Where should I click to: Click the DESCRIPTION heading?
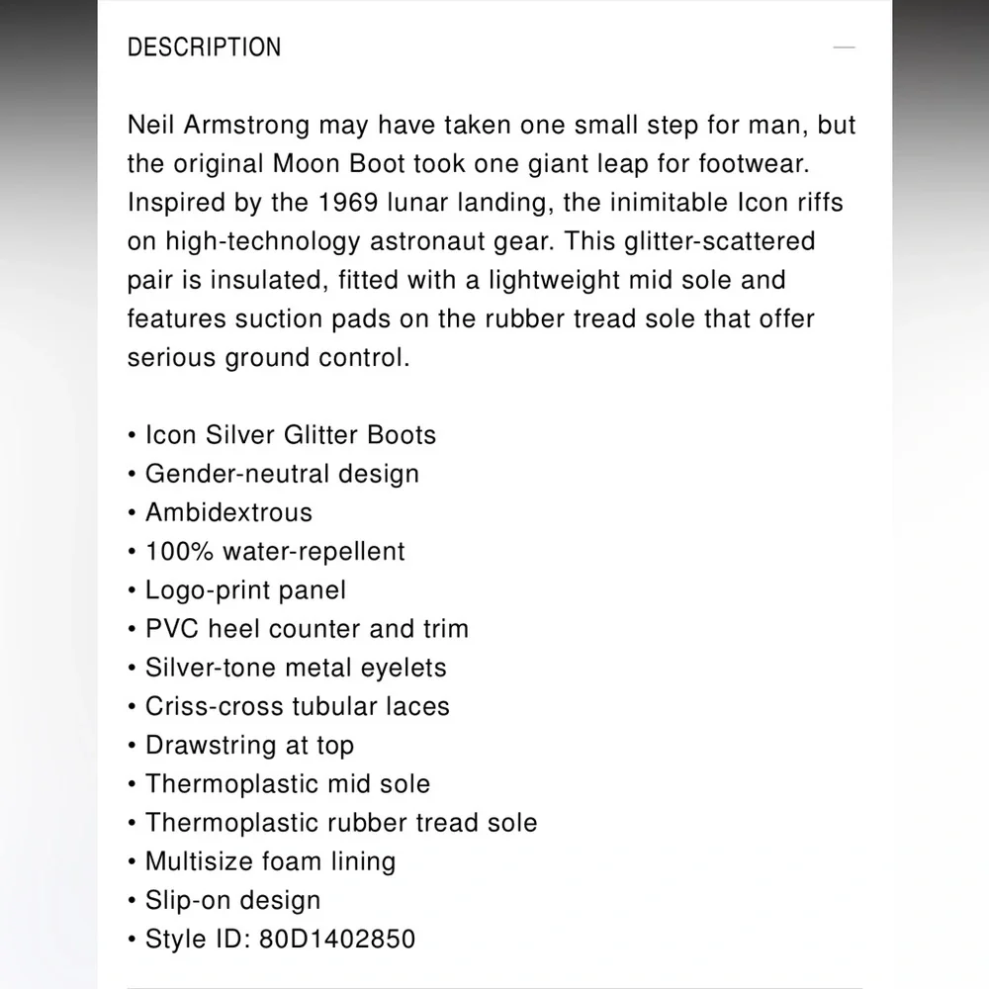tap(205, 47)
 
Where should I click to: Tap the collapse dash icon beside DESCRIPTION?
tap(844, 47)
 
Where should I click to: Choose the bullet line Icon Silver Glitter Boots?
tap(291, 435)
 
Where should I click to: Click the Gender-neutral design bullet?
tap(282, 474)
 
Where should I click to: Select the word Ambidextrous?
tap(228, 512)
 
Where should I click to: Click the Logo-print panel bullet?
tap(245, 590)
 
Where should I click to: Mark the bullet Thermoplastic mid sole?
tap(288, 784)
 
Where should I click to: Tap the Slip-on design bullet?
tap(232, 900)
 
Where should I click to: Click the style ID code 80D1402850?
tap(337, 939)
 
